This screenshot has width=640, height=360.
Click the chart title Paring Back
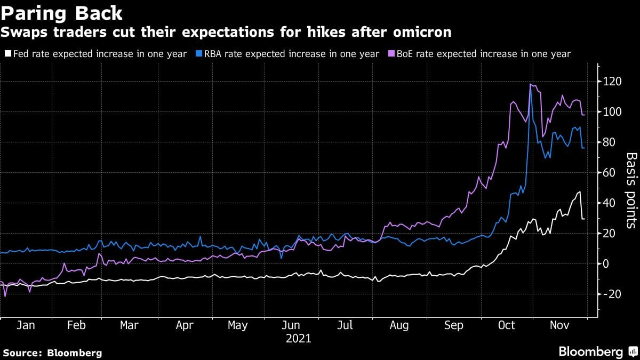point(62,13)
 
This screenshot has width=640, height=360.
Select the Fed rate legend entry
point(95,54)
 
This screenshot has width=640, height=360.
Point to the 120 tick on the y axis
point(613,82)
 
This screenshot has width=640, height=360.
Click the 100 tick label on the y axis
point(613,112)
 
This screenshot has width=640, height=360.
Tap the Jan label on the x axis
point(26,325)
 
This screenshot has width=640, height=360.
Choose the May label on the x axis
point(238,325)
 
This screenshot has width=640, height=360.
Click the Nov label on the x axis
point(560,325)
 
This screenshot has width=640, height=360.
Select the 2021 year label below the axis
point(298,338)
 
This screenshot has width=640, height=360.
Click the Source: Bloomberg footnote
point(52,353)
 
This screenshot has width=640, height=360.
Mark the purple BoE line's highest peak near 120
point(531,84)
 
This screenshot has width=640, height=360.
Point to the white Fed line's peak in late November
point(579,192)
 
